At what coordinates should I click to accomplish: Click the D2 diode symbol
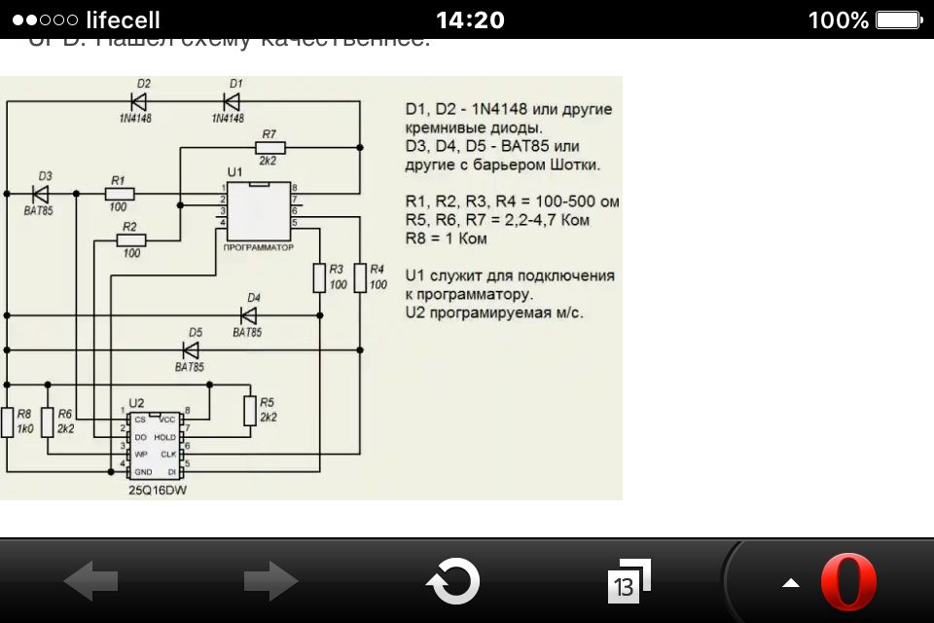pos(138,100)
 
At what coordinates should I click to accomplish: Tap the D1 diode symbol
pos(231,100)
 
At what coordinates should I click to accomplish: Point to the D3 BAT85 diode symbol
pos(41,195)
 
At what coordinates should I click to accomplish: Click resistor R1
pos(119,195)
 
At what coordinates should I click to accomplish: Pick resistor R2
pos(130,239)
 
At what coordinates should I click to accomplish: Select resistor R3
pos(319,277)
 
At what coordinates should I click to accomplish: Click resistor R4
pos(360,277)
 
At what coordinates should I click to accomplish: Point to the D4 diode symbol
pos(248,315)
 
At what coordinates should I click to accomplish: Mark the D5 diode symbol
pos(190,349)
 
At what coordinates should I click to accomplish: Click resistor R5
pos(250,411)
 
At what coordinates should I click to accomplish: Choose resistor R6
pos(47,422)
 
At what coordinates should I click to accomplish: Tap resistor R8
pos(8,422)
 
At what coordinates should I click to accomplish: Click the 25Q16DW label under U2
pos(157,491)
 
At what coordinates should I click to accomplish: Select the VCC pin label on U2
pos(166,419)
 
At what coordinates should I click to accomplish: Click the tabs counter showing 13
pos(625,584)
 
